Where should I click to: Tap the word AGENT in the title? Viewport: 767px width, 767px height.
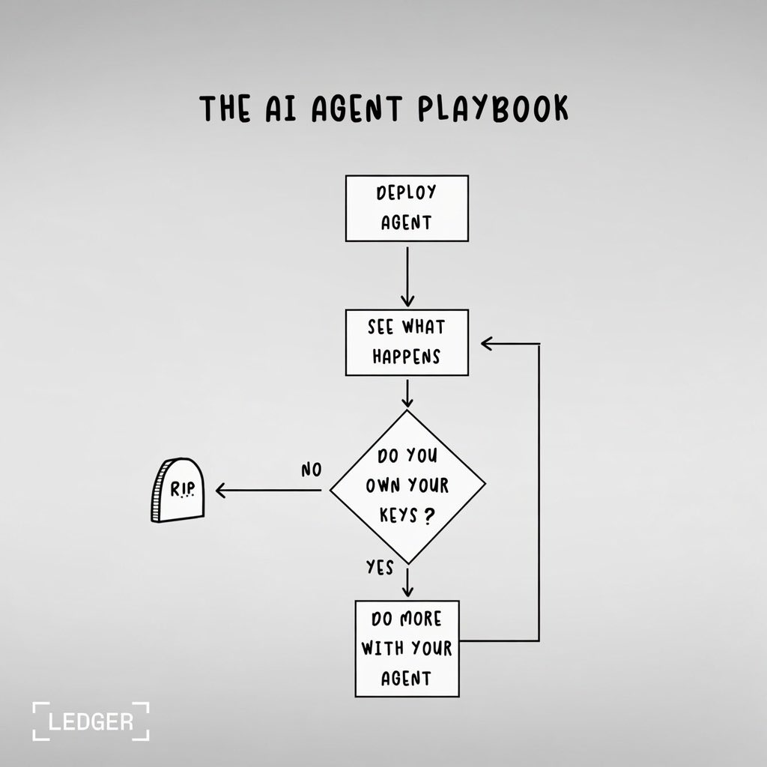coord(344,109)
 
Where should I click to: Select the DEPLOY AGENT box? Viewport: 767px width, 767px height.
coord(407,208)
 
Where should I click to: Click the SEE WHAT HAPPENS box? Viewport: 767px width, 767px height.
coord(407,342)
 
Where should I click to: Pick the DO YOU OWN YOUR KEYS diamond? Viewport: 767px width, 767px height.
coord(407,487)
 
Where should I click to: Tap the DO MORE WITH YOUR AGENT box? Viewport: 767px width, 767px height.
coord(407,648)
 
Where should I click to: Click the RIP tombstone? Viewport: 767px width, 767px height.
coord(178,491)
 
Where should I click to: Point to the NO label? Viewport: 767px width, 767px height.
coord(311,470)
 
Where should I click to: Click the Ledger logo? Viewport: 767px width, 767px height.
coord(91,721)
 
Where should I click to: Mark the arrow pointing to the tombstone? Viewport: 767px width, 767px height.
coord(270,491)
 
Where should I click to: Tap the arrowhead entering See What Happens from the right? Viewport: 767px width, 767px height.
coord(487,344)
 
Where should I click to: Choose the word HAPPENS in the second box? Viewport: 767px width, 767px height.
coord(406,357)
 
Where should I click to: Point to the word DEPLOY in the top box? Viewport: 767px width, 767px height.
coord(406,192)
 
